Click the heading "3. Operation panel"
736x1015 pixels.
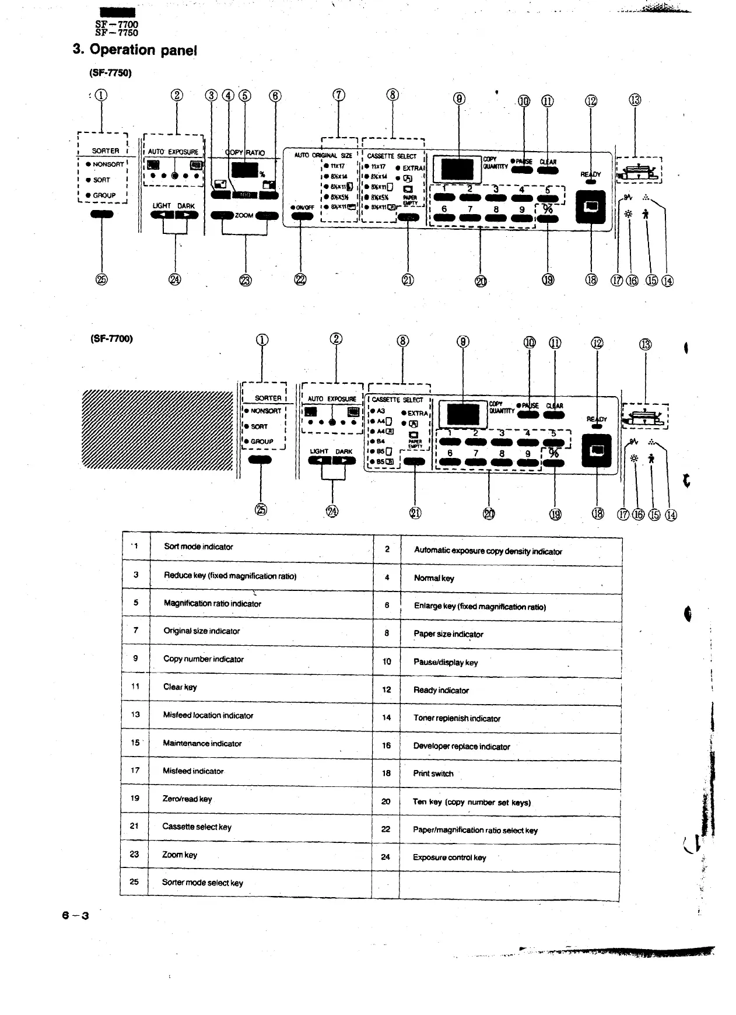click(x=135, y=50)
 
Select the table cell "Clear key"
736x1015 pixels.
click(x=180, y=687)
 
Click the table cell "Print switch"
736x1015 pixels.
click(x=433, y=773)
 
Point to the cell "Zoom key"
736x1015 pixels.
click(x=180, y=855)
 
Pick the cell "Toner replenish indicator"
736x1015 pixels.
click(x=457, y=718)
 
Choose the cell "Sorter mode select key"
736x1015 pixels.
click(x=202, y=883)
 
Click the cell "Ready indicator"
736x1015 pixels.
click(x=441, y=690)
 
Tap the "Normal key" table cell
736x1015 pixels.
click(x=434, y=578)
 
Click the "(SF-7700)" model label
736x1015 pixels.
click(x=111, y=338)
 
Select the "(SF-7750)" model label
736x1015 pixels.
click(x=110, y=73)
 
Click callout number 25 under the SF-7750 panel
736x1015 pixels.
click(x=101, y=280)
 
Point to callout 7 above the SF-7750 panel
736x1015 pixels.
click(x=339, y=96)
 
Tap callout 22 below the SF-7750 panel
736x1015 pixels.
click(x=300, y=280)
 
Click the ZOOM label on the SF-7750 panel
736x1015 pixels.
click(x=244, y=215)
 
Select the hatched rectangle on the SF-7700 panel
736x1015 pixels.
click(x=157, y=429)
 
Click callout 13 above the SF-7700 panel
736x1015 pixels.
click(x=646, y=344)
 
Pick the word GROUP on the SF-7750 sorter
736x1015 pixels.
click(x=104, y=195)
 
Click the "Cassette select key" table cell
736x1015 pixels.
click(x=197, y=827)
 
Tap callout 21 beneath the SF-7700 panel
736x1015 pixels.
click(x=415, y=513)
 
